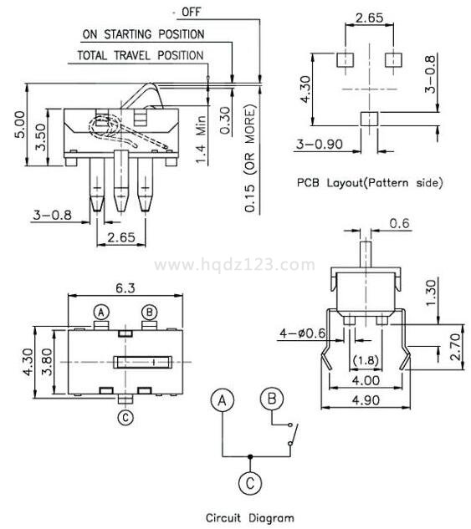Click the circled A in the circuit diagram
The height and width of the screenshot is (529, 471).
click(222, 401)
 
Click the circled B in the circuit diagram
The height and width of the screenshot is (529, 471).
click(272, 398)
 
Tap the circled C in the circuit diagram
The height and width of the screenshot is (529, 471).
click(250, 483)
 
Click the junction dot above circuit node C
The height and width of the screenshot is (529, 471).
click(250, 457)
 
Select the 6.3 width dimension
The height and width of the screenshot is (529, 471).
click(125, 287)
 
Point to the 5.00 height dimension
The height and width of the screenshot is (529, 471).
click(20, 125)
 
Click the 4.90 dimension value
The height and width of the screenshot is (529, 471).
click(366, 400)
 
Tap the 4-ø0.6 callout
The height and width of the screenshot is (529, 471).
click(302, 333)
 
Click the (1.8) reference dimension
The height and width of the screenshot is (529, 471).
click(366, 360)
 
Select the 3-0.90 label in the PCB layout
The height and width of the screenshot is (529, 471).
click(320, 144)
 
